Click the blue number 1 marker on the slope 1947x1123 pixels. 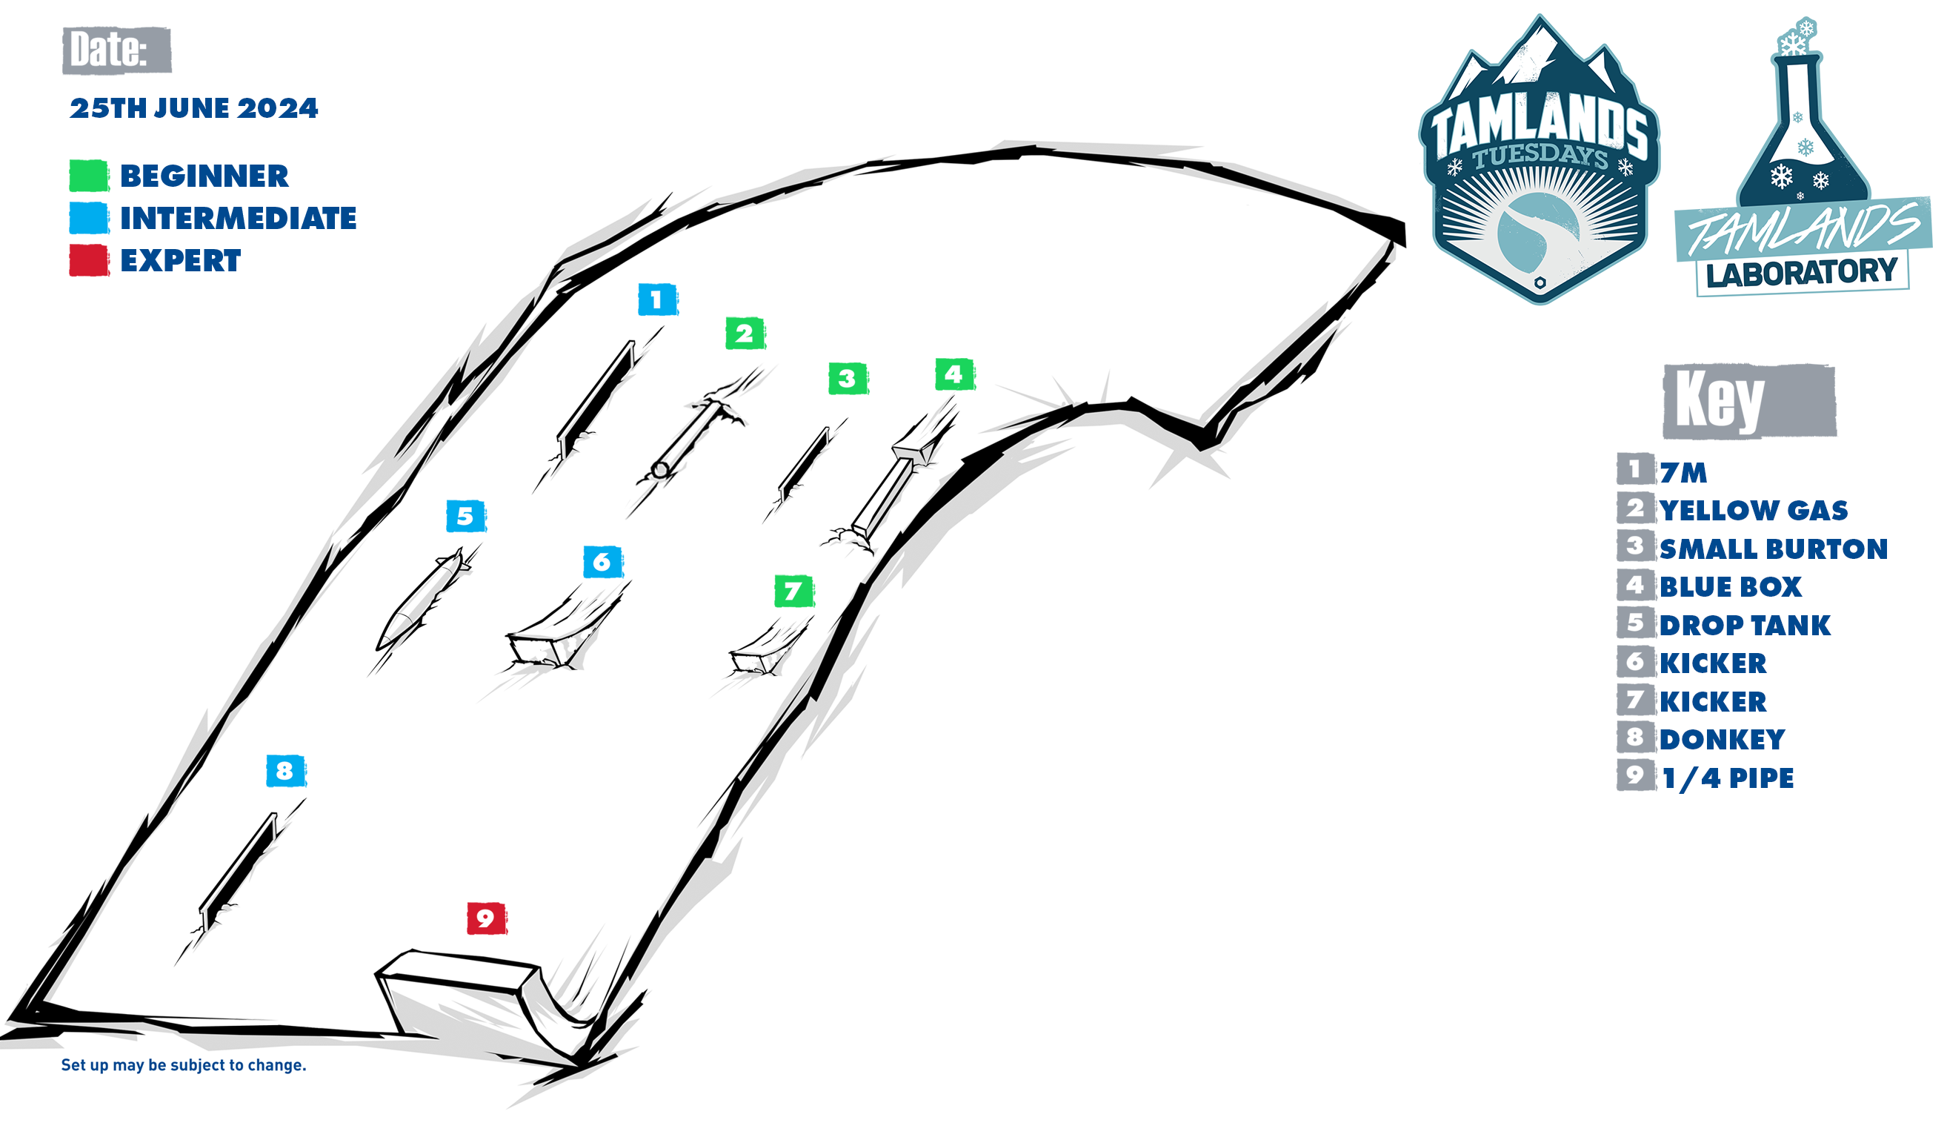(657, 299)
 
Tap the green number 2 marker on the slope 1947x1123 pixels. (745, 334)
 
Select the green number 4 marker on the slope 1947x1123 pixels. (955, 375)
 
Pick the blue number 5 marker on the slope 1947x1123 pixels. (466, 516)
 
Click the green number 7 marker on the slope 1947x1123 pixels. (794, 592)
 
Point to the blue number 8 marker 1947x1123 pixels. (286, 770)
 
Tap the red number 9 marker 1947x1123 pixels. (486, 918)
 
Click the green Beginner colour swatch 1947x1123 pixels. (89, 176)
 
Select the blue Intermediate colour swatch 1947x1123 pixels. (89, 218)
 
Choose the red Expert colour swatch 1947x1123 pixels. (89, 261)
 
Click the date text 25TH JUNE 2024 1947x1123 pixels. (193, 109)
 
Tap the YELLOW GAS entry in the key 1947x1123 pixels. (1754, 511)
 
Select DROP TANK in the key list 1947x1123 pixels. (1745, 626)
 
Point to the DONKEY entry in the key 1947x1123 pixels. (1722, 740)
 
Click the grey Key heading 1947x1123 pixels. (1749, 402)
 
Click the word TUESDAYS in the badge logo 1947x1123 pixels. (1540, 156)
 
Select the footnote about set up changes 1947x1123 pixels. (184, 1065)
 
